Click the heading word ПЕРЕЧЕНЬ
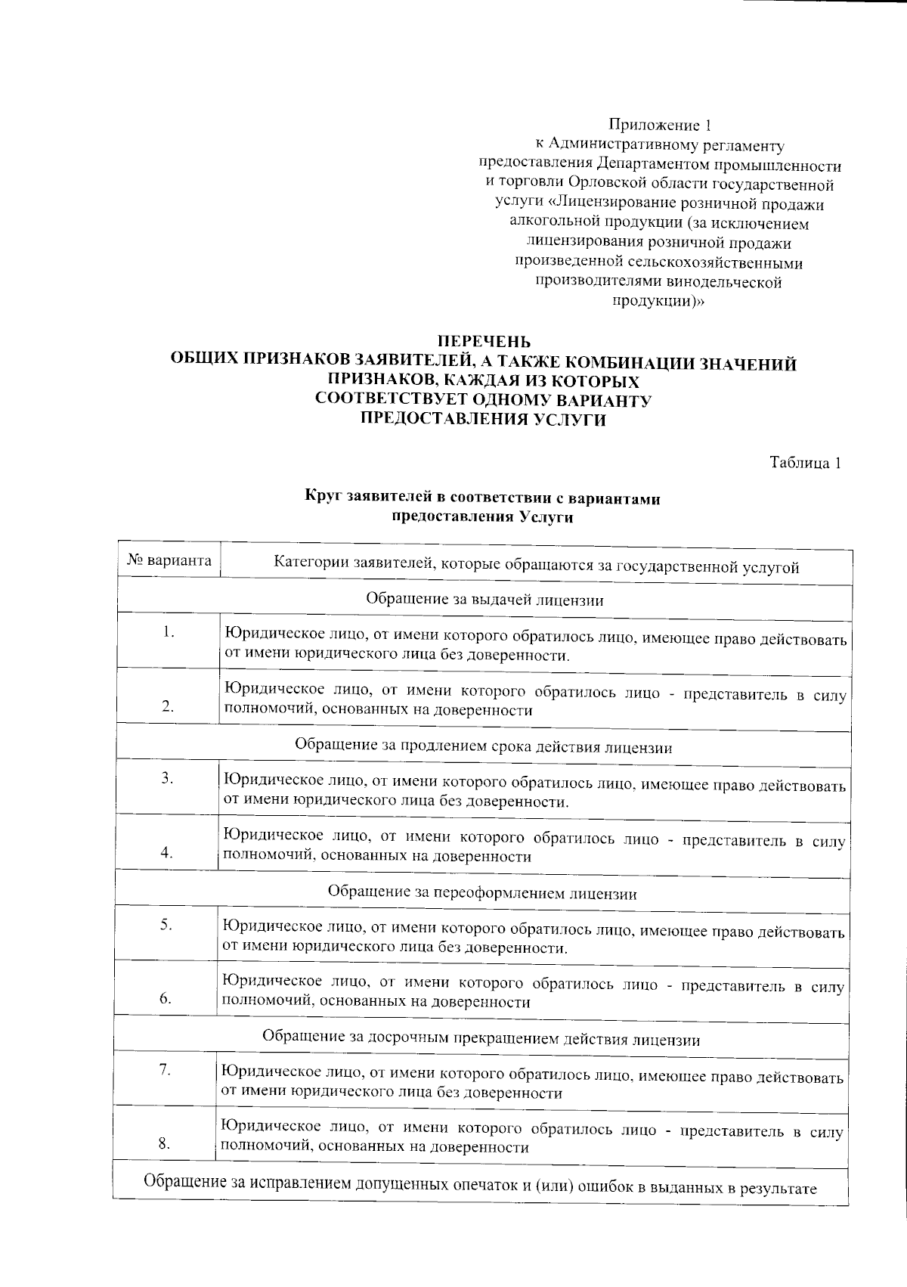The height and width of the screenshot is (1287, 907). click(484, 344)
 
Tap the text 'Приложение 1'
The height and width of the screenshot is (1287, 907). click(660, 125)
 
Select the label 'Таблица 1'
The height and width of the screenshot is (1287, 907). click(805, 463)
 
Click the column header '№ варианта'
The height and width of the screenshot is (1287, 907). click(169, 562)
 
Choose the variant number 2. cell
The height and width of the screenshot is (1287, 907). click(168, 706)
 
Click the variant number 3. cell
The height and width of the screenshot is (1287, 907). click(168, 778)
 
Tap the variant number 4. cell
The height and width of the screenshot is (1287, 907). click(167, 852)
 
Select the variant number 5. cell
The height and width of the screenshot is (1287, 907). click(167, 924)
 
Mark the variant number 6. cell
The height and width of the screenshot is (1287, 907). click(166, 998)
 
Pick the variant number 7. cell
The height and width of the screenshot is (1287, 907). click(166, 1069)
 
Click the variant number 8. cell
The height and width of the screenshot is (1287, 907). click(165, 1143)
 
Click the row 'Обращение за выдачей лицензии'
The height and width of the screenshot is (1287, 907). click(484, 600)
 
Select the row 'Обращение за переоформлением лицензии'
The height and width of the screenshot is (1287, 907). click(482, 893)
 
